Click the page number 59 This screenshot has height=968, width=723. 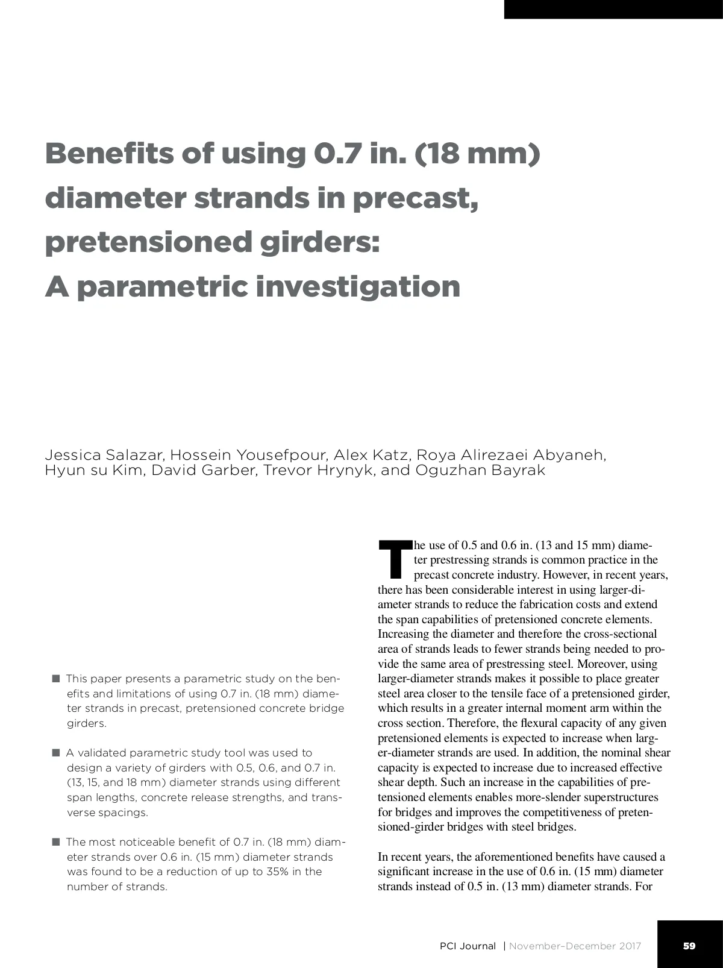pyautogui.click(x=689, y=946)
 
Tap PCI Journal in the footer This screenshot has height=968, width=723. pyautogui.click(x=468, y=946)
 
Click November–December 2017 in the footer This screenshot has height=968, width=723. pyautogui.click(x=575, y=946)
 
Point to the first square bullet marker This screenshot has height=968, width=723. pyautogui.click(x=56, y=679)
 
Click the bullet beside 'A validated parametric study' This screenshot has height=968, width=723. pyautogui.click(x=56, y=753)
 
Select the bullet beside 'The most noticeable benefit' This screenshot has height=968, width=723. pyautogui.click(x=56, y=842)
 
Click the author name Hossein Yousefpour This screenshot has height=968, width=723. pyautogui.click(x=248, y=455)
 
